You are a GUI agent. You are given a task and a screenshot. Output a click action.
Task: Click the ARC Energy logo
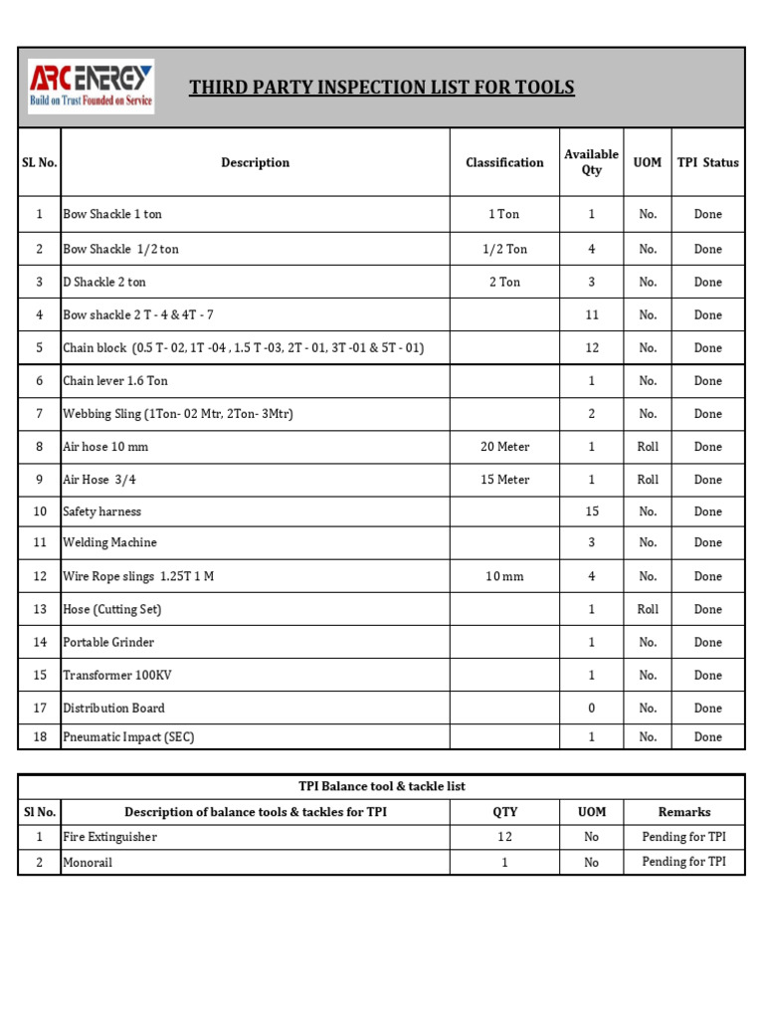[91, 87]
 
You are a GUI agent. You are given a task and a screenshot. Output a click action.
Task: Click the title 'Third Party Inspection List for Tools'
[382, 88]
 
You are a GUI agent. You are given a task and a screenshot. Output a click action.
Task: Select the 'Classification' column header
[504, 162]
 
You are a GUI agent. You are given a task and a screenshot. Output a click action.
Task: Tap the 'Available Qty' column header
[591, 162]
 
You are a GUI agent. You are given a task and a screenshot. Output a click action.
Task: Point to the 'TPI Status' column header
[707, 162]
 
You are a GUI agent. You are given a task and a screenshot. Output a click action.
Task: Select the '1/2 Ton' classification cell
[504, 249]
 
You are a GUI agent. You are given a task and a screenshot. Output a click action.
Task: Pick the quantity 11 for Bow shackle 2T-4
[591, 314]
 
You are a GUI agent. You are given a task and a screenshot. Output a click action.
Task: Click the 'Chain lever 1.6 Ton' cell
[115, 380]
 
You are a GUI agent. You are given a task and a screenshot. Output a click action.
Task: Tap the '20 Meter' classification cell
[504, 447]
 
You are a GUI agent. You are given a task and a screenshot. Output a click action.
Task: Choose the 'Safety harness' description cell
[102, 511]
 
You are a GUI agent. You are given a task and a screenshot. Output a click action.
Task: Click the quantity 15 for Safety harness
[591, 511]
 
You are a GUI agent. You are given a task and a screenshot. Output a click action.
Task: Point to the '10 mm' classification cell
[504, 576]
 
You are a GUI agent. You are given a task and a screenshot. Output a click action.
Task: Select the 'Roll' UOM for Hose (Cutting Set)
[648, 609]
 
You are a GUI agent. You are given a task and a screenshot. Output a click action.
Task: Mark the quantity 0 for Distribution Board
[591, 708]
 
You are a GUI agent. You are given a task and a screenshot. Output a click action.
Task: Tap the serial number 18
[40, 737]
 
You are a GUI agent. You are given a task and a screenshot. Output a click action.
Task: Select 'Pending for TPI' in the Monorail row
[683, 862]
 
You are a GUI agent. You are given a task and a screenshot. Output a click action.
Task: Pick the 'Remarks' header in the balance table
[683, 812]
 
